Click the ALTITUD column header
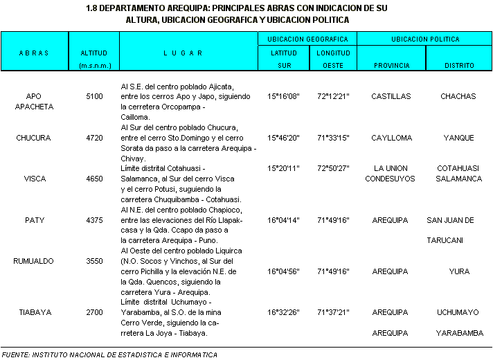point(93,53)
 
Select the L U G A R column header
point(183,53)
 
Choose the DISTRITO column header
point(460,65)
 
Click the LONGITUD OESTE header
point(333,59)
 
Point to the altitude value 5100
point(94,96)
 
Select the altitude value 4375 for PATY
point(94,220)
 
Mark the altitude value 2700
point(94,312)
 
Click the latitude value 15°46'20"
point(283,138)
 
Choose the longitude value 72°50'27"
point(333,168)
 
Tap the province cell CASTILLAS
point(391,96)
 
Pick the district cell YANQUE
point(459,138)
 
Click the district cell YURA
point(459,271)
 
